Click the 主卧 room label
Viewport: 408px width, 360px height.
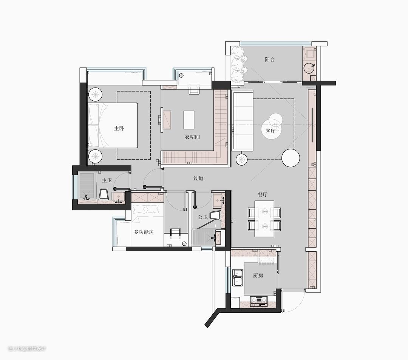coord(119,128)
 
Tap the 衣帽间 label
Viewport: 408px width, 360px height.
coord(192,137)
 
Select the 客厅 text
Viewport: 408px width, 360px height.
coord(270,131)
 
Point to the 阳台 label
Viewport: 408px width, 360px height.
coord(270,60)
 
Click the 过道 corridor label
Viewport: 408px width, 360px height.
coord(198,178)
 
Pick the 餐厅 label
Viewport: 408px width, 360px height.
coord(263,194)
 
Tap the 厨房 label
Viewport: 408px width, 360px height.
coord(258,275)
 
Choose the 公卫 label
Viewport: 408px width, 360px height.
coord(203,217)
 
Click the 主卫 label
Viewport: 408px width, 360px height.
coord(107,180)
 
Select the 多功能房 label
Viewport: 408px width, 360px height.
coord(144,232)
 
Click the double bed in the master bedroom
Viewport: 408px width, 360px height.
coord(113,126)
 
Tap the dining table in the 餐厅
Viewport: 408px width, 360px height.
coord(264,219)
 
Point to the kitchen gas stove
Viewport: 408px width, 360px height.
coord(259,300)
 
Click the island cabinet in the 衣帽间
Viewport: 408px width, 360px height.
coord(189,120)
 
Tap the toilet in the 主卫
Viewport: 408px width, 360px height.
coord(104,194)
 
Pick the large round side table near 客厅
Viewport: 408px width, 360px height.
coord(291,158)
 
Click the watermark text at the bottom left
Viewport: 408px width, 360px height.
coord(27,349)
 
